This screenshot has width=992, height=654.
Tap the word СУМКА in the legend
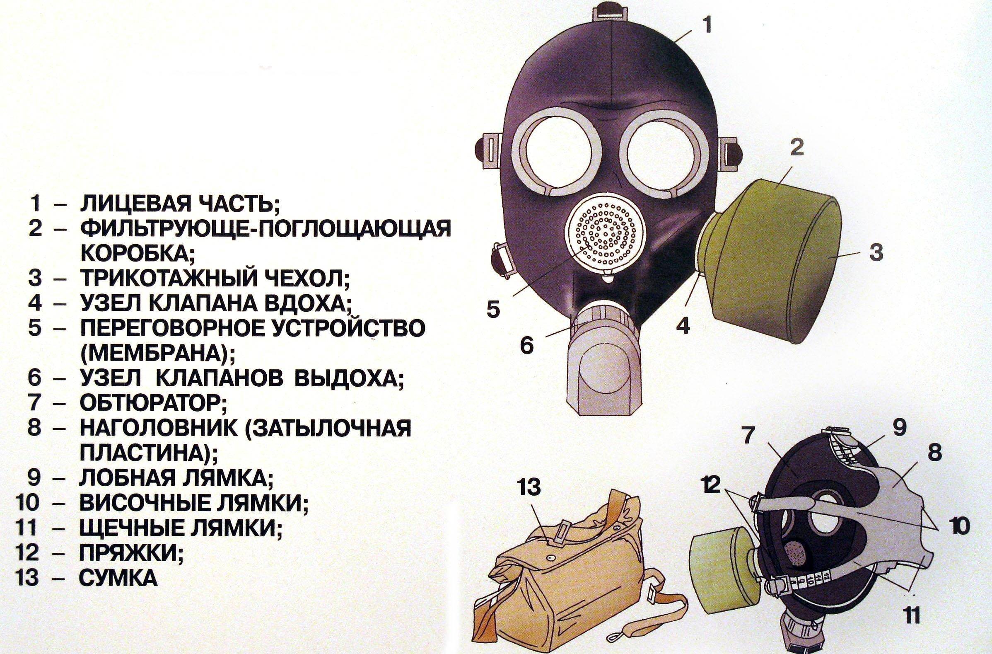pos(119,579)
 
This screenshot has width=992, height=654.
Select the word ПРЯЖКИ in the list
pos(129,553)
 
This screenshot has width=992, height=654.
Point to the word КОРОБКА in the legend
pos(135,252)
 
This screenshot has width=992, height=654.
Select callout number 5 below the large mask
pos(493,309)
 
